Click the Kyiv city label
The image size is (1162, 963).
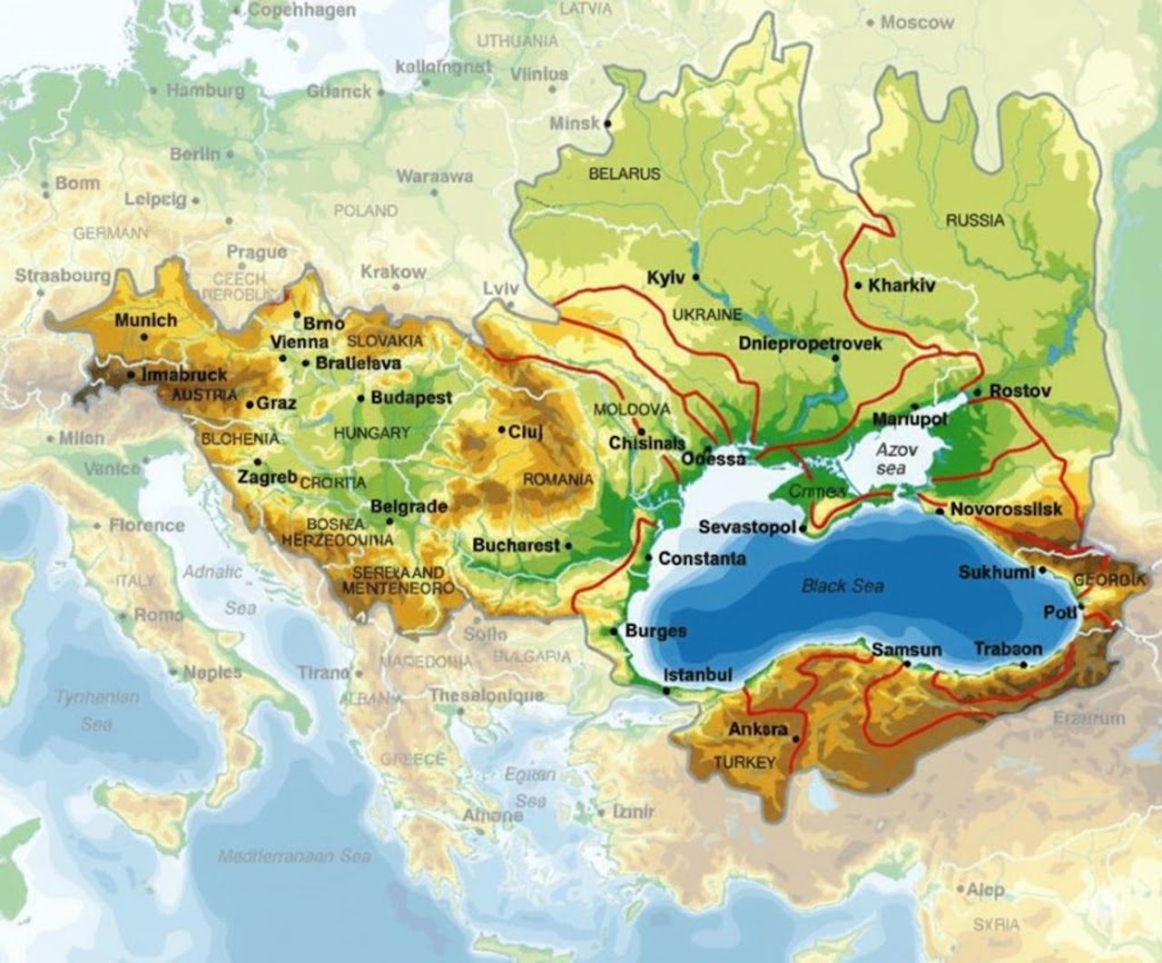[x=665, y=277]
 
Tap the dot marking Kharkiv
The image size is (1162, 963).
[x=858, y=285]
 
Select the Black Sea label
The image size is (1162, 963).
[x=842, y=586]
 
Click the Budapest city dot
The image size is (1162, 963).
[x=362, y=398]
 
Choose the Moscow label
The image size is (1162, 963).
[x=917, y=22]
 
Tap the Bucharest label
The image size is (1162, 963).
[x=516, y=545]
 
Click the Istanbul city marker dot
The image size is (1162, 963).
[x=668, y=691]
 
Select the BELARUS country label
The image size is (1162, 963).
[x=625, y=174]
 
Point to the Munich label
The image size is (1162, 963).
[x=145, y=320]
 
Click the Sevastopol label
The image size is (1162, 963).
[x=747, y=527]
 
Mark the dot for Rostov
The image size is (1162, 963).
[x=977, y=392]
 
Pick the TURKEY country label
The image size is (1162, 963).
[x=744, y=762]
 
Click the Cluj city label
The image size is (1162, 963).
[x=525, y=432]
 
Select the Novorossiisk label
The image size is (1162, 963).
[x=1006, y=510]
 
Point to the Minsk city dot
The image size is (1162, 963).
[x=607, y=123]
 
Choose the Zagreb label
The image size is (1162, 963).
[x=267, y=477]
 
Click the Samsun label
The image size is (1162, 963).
[x=906, y=650]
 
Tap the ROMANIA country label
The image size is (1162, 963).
[x=557, y=479]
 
